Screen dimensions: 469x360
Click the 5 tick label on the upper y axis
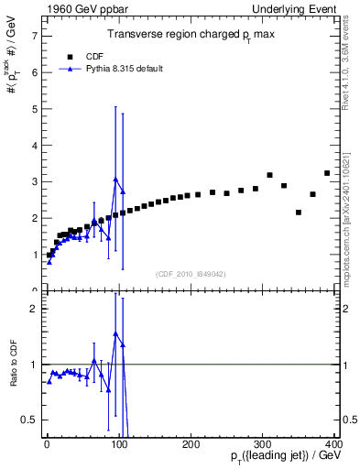pos(34,109)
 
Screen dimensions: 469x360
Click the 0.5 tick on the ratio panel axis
pos(29,420)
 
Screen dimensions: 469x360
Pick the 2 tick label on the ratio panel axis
pos(34,309)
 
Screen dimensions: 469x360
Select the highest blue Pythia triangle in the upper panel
pos(115,180)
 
